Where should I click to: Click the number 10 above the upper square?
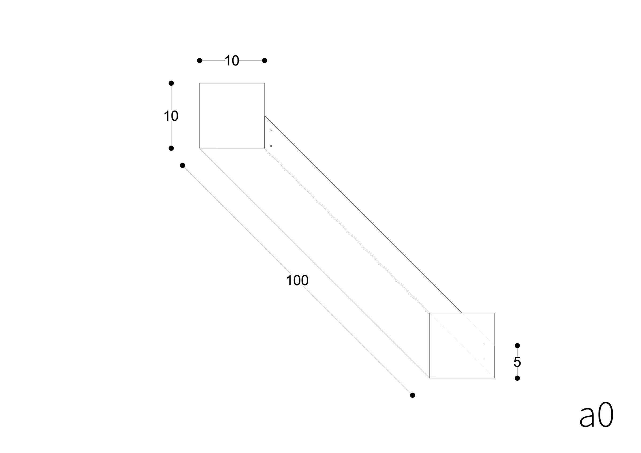pos(232,61)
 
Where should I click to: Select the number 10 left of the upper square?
pos(171,116)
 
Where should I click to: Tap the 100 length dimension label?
pos(297,280)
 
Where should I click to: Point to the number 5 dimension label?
pos(517,362)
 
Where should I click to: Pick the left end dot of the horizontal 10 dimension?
pos(199,61)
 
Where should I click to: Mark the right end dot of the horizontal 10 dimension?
pos(265,61)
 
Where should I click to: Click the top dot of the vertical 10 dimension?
pos(171,83)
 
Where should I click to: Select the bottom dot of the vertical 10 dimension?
pos(171,148)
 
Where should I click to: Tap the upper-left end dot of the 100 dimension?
pos(182,165)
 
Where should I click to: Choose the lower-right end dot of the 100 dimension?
pos(412,395)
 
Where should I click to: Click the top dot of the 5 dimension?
pos(517,345)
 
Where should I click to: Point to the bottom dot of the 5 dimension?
pos(517,378)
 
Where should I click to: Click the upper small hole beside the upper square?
pos(271,130)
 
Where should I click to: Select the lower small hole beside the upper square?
pos(271,146)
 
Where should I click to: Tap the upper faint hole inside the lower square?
pos(484,344)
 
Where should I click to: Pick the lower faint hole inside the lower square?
pos(484,359)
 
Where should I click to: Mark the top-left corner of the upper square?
pos(200,83)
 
